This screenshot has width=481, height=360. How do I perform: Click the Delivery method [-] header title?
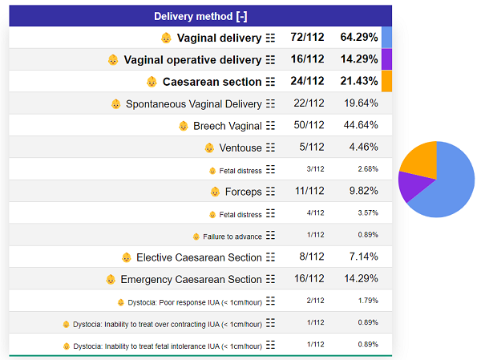tap(200, 16)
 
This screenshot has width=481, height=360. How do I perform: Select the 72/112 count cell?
tap(308, 38)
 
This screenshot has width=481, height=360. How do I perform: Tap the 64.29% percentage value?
tap(358, 38)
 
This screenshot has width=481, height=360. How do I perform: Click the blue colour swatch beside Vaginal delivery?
tap(386, 38)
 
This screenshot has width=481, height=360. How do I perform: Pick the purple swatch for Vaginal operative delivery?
tap(386, 59)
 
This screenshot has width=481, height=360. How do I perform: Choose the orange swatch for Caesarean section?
tap(386, 81)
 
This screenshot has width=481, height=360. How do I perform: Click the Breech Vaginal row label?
tap(228, 125)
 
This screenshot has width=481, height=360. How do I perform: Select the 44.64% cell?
tap(360, 125)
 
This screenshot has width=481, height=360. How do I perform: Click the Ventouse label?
tap(240, 148)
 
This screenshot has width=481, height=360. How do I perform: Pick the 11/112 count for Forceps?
tap(308, 192)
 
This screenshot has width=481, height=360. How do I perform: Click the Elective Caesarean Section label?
tap(199, 257)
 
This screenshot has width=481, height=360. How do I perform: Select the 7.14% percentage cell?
tap(360, 257)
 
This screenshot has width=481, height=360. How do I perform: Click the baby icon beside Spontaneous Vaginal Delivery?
tap(115, 103)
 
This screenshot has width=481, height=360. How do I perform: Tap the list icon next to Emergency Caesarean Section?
tap(270, 279)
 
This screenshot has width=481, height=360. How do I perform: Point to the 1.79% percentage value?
tap(368, 301)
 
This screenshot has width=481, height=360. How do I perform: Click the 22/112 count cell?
tap(308, 103)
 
